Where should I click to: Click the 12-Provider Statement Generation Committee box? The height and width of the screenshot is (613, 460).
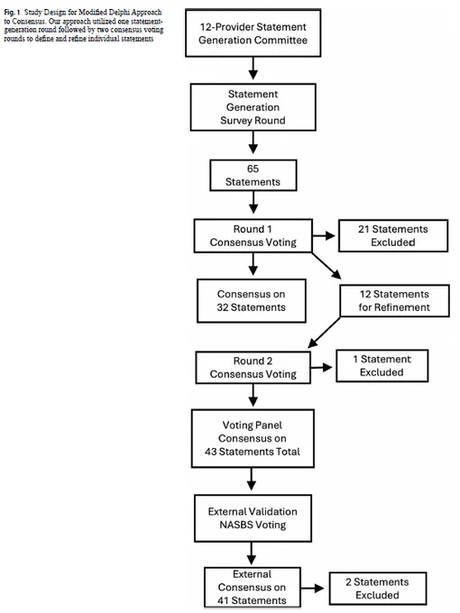coord(253,33)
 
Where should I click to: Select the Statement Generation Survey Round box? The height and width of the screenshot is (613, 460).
coord(253,107)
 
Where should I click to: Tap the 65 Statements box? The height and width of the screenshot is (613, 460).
coord(253,175)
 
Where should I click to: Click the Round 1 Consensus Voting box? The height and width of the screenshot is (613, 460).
coord(253,236)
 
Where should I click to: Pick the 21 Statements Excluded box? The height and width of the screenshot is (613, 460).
coord(393,236)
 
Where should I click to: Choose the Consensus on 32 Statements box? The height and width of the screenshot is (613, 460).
coord(252,300)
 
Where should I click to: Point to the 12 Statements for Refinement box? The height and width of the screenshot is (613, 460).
coord(394,300)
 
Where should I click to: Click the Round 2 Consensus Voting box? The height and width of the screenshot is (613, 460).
coord(253,368)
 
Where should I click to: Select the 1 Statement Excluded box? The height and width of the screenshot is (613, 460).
coord(382,365)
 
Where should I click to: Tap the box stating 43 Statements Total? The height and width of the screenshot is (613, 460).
coord(253,438)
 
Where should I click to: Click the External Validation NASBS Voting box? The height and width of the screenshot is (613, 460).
coord(253,518)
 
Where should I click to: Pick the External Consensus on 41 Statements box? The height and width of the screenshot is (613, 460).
coord(253,587)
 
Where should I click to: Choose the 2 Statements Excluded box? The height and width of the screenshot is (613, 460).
coord(377,589)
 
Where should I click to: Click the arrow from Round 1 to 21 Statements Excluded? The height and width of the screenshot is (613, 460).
coord(325,236)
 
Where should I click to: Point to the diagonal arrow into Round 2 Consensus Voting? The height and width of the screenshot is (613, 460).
coord(324,333)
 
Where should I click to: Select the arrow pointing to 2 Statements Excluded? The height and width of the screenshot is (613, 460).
coord(313,588)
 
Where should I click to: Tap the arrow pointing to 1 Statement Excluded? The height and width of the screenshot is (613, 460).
coord(321,367)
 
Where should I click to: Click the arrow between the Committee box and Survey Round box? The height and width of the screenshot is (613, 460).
coord(253,69)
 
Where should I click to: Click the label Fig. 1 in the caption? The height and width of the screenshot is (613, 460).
coord(12,13)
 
